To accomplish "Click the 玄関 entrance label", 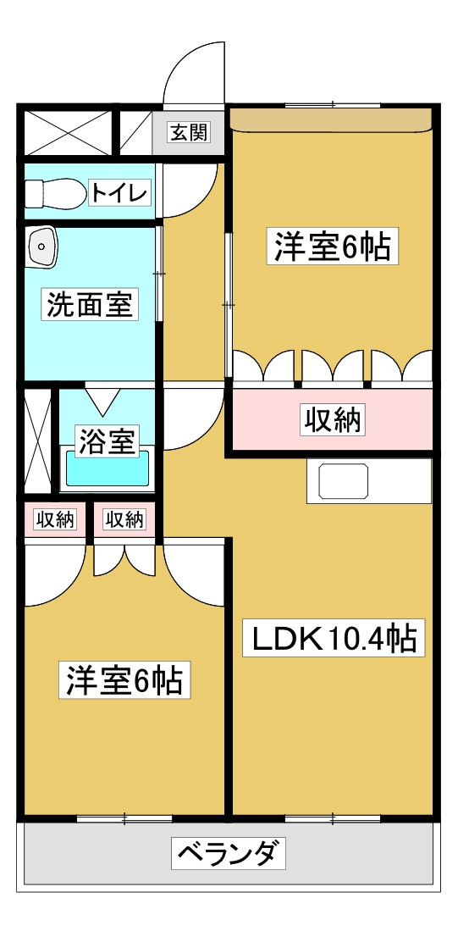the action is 190,132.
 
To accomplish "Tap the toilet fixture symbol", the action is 53,193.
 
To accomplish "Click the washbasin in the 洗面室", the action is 41,245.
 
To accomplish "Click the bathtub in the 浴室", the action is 107,469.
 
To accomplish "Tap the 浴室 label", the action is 108,441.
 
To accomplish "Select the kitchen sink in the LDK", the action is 344,481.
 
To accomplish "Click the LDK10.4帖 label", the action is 334,638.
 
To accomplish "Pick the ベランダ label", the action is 229,852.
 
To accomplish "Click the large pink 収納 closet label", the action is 333,420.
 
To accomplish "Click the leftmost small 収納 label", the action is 55,519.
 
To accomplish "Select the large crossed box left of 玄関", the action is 69,132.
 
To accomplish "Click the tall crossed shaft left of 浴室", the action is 40,441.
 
